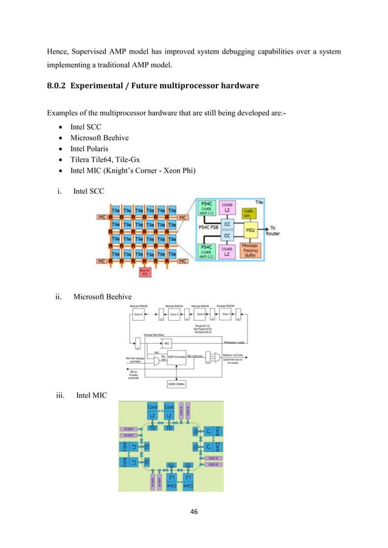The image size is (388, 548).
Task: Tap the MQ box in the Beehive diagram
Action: (167, 343)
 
